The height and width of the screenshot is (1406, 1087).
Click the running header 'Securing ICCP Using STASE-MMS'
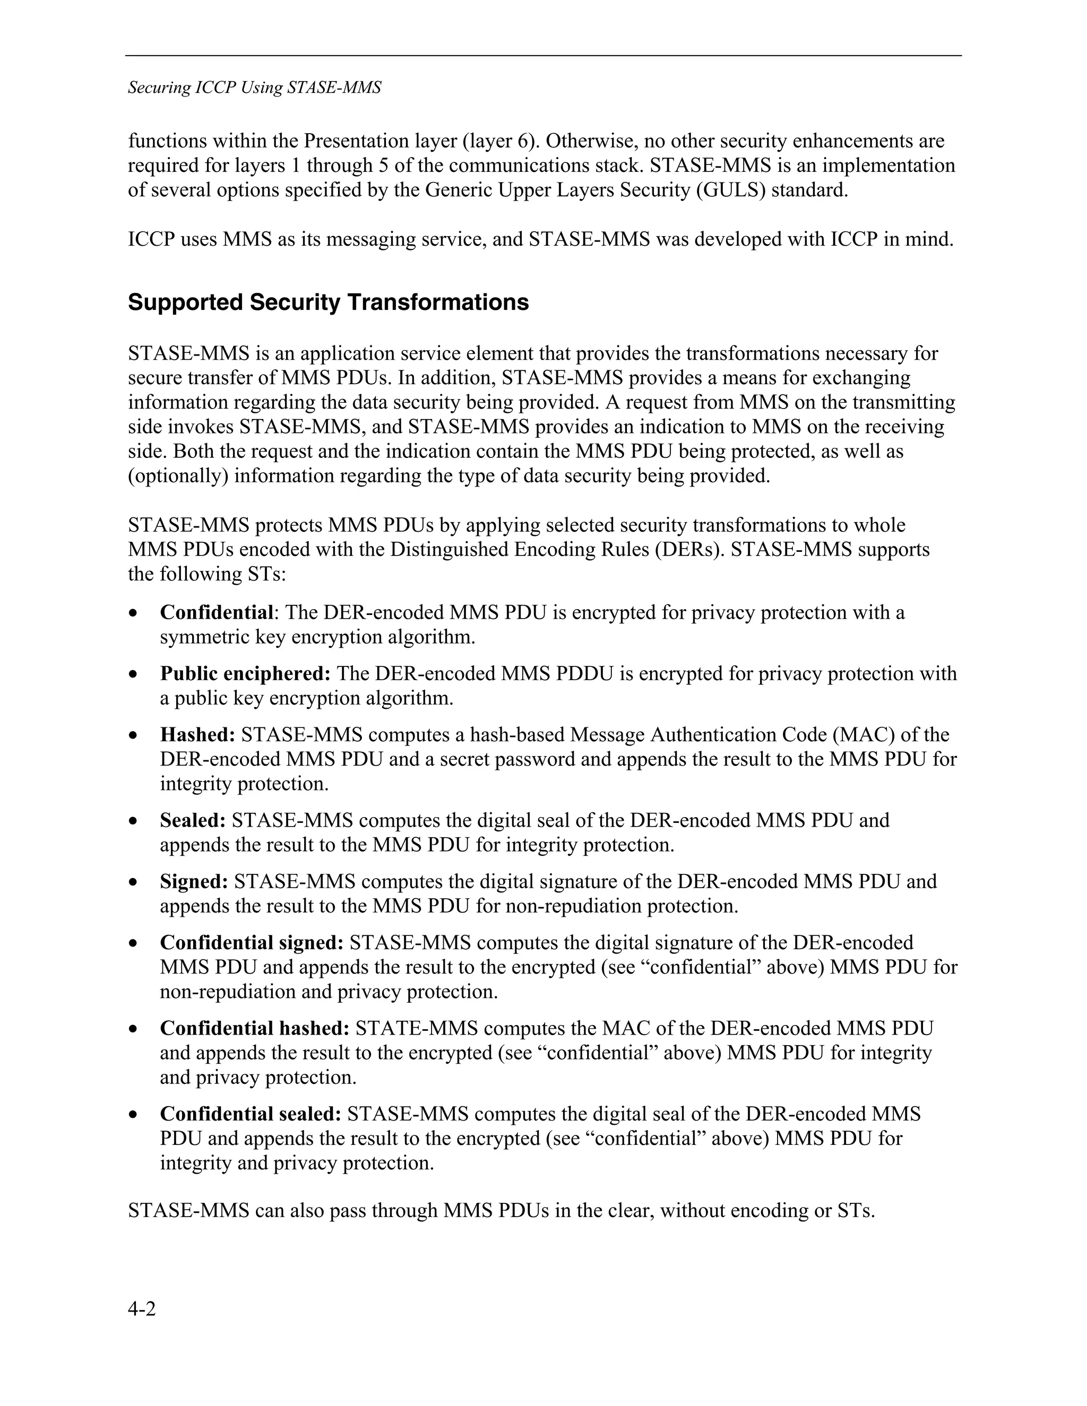[x=254, y=88]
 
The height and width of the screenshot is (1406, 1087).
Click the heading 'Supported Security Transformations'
[x=329, y=302]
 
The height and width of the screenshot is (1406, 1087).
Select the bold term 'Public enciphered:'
[x=245, y=673]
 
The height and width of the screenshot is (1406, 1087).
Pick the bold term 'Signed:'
[x=194, y=881]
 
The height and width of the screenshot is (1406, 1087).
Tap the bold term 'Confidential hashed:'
[x=254, y=1028]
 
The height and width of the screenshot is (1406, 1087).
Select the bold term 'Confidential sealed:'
[x=251, y=1114]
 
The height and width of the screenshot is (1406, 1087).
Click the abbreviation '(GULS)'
[x=730, y=190]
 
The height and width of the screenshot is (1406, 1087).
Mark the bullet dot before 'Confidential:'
[x=133, y=613]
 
